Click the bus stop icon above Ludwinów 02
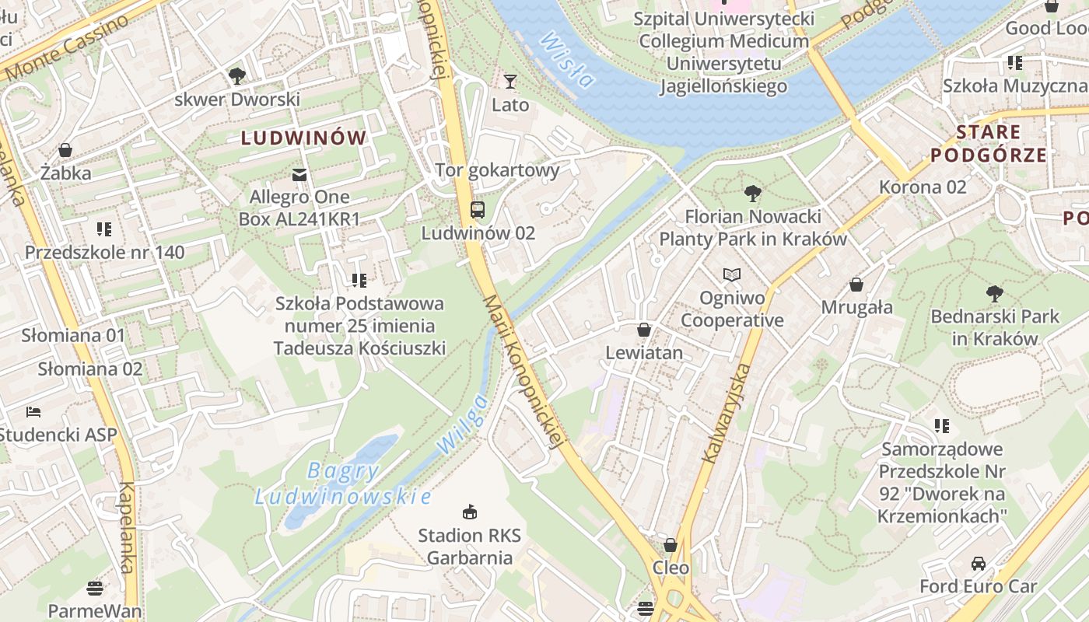click(x=477, y=210)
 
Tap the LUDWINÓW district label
click(x=303, y=138)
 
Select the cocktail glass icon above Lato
click(x=510, y=81)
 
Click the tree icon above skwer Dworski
click(x=237, y=76)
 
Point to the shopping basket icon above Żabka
click(x=65, y=149)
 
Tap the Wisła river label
click(x=567, y=59)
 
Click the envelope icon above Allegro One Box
click(x=299, y=173)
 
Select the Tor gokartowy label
click(x=497, y=170)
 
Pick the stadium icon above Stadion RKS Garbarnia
click(x=469, y=512)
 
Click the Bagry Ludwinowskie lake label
click(x=343, y=483)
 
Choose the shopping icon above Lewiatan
click(x=643, y=330)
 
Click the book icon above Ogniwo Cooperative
click(x=732, y=274)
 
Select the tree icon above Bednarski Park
click(x=994, y=293)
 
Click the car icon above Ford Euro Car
click(x=979, y=563)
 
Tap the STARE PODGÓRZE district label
click(x=989, y=143)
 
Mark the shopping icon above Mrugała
click(x=856, y=285)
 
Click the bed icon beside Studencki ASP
click(x=33, y=411)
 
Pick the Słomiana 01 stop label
click(x=73, y=336)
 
